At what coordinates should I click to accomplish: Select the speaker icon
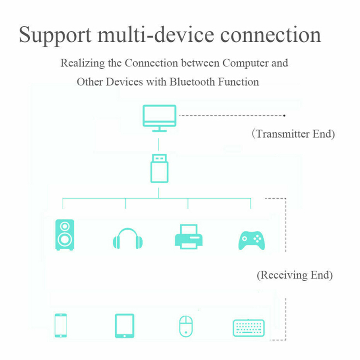65,235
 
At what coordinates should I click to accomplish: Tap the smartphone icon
60,325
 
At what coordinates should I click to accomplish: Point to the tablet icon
124,326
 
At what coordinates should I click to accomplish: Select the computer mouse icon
186,326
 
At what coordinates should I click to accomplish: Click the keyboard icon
249,328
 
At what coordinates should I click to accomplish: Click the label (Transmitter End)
293,134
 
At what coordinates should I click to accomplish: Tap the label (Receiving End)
295,276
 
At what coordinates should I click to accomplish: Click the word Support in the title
55,35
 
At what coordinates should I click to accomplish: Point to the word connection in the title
270,35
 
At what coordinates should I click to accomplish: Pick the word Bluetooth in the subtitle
193,82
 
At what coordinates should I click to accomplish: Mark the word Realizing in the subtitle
83,64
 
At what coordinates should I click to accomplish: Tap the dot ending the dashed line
284,115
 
